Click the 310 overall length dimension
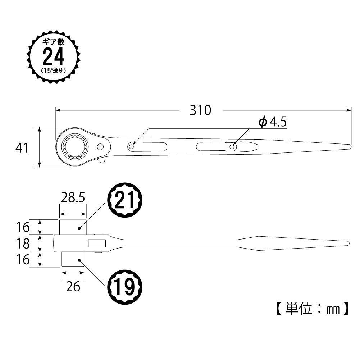click(200, 110)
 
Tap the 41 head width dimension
click(22, 148)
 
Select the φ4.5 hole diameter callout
click(273, 122)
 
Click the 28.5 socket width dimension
click(73, 198)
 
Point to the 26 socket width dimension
click(73, 287)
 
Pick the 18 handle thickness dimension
click(23, 243)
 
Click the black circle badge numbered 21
click(125, 200)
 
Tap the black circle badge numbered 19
click(125, 287)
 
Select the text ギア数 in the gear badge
click(54, 42)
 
